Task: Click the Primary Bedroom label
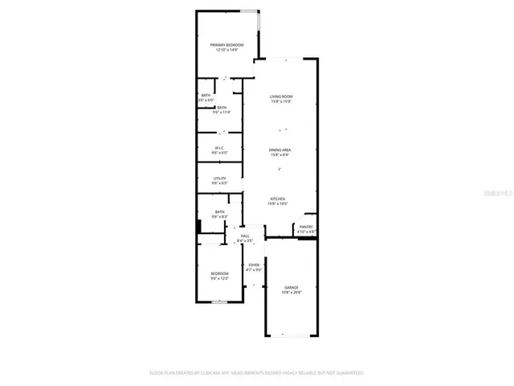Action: [x=226, y=44]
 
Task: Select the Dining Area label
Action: [x=279, y=150]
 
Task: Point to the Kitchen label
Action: [x=278, y=199]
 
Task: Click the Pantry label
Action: [x=306, y=227]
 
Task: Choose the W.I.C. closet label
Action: [x=219, y=147]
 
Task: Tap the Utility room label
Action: [x=219, y=178]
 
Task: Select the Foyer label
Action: [x=254, y=265]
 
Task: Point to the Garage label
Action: [x=292, y=287]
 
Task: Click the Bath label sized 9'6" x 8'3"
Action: [x=219, y=211]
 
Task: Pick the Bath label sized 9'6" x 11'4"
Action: [x=221, y=108]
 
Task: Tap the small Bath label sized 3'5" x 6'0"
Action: [x=206, y=96]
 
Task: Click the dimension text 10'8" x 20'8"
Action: [x=292, y=293]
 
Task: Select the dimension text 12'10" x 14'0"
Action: [x=226, y=50]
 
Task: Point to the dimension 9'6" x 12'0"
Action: [x=220, y=279]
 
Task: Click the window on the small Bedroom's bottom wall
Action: [x=219, y=302]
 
